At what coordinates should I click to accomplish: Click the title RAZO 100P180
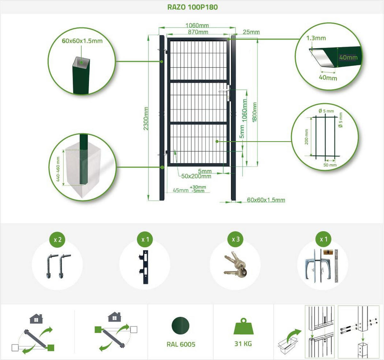tap(192, 7)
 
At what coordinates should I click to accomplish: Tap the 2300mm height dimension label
tap(146, 118)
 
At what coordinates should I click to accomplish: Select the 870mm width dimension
tap(198, 32)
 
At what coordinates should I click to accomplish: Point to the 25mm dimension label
tap(251, 32)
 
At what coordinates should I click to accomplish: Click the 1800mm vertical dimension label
tap(254, 112)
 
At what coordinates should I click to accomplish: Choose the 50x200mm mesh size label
tap(196, 176)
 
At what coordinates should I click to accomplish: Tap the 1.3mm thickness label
tap(316, 38)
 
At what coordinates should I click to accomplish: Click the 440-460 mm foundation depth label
tap(58, 169)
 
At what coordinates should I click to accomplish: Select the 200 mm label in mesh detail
tap(306, 137)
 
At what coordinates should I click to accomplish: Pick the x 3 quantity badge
tap(236, 239)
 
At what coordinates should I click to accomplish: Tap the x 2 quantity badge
tap(58, 239)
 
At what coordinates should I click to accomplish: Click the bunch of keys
tap(236, 264)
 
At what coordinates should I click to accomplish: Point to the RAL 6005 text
tap(181, 344)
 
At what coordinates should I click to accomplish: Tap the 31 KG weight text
tap(243, 344)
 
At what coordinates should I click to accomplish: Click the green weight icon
tap(244, 326)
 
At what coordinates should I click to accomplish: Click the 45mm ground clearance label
tap(180, 190)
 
